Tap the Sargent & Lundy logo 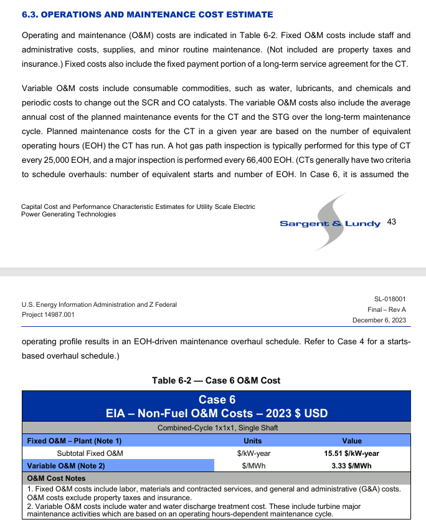click(330, 223)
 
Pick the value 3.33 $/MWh click(352, 465)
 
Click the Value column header click(352, 441)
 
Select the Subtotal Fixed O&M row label click(90, 453)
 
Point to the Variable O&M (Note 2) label click(65, 465)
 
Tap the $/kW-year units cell click(253, 453)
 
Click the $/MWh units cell click(253, 465)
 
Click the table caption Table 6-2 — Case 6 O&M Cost click(216, 380)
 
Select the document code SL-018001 click(390, 299)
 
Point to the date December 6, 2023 click(379, 320)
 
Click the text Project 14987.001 click(48, 314)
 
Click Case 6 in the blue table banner click(216, 400)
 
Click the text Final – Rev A click(387, 309)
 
